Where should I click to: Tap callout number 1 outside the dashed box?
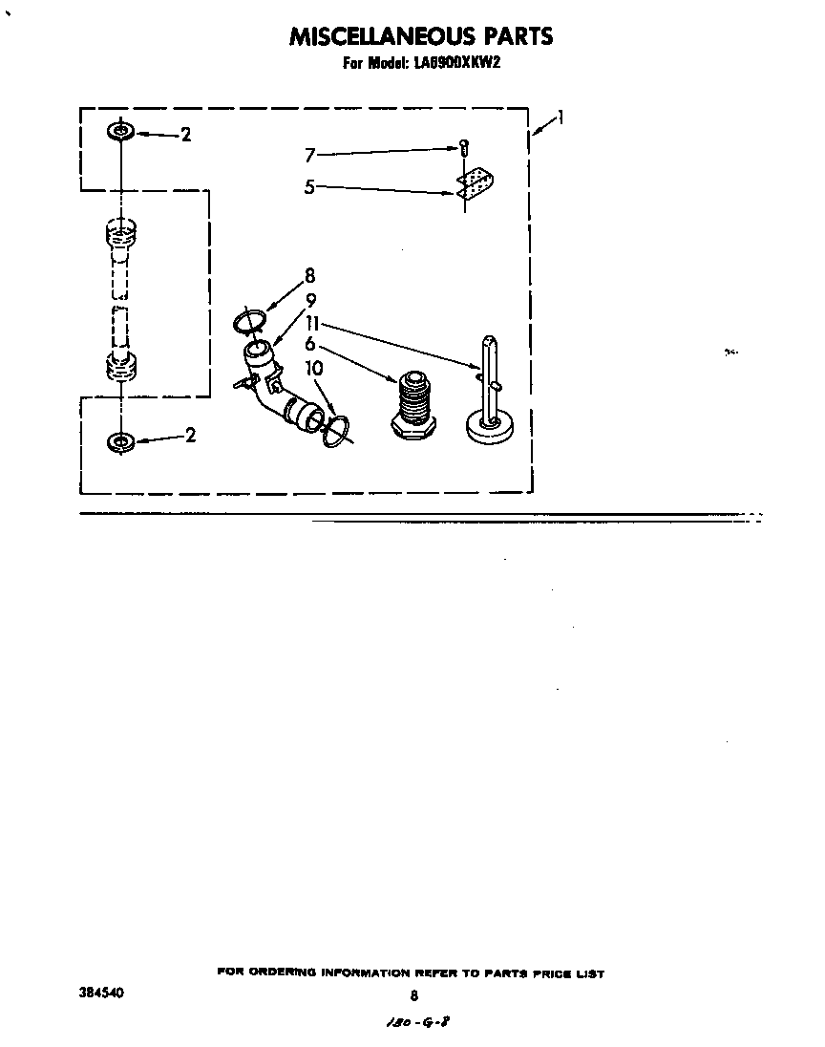pos(561,118)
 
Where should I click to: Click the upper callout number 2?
pos(185,135)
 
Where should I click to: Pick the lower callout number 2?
pos(190,436)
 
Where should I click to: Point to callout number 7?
pos(309,155)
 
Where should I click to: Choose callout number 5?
pos(309,187)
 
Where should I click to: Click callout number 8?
pos(309,277)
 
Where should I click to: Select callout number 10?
pos(314,367)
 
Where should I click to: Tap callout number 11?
pos(312,323)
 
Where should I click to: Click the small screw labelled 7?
pos(463,148)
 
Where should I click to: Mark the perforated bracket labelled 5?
pos(475,185)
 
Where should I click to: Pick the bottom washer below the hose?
pos(120,441)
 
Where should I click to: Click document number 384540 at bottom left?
pos(101,994)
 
